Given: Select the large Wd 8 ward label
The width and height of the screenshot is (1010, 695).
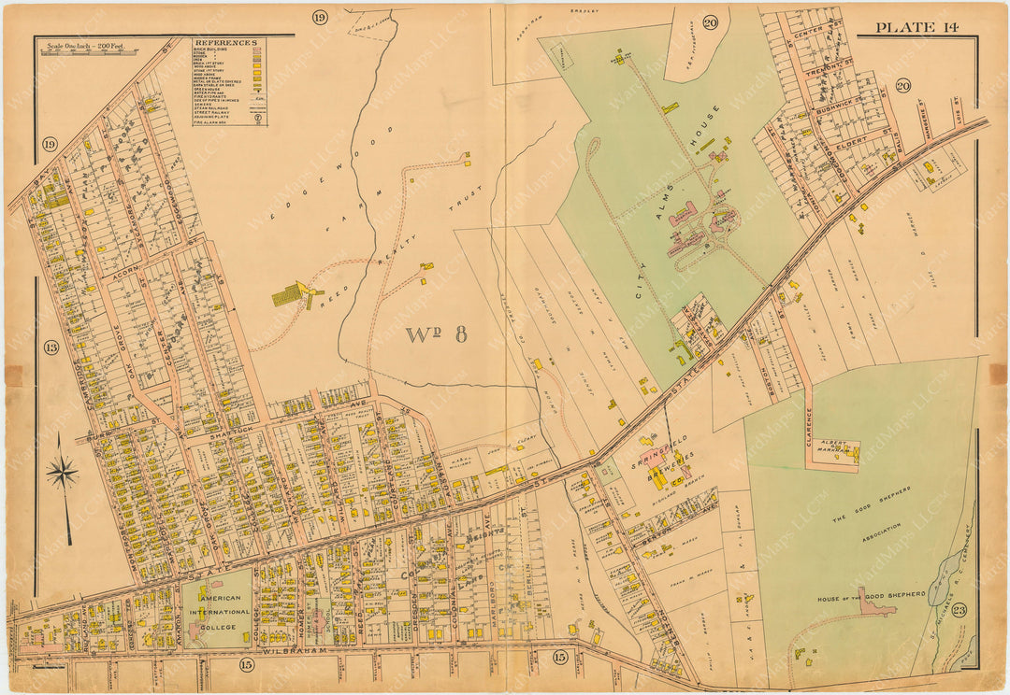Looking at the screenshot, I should point(436,334).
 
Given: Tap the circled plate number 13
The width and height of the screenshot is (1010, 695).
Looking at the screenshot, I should point(50,347).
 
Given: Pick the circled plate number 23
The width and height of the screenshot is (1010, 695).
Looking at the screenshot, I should point(959,609).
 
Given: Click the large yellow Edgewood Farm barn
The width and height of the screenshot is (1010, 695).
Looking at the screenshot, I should point(290,295).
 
